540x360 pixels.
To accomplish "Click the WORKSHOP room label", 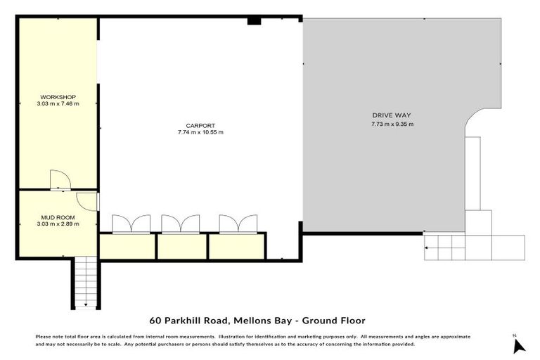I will pos(58,97).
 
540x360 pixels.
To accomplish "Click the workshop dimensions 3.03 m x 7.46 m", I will pos(58,103).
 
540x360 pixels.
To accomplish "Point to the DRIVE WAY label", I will pos(392,115).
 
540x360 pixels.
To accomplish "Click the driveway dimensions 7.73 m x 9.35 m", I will pos(392,124).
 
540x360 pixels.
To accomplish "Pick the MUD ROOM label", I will pos(58,218).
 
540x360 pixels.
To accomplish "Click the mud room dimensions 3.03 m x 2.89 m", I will pos(58,224).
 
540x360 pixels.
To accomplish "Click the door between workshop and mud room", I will pos(60,181).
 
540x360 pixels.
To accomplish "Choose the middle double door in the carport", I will pos(181,224).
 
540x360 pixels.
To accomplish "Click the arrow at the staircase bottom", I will pos(86,304).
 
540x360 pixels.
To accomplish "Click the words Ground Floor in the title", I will pos(333,320).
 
